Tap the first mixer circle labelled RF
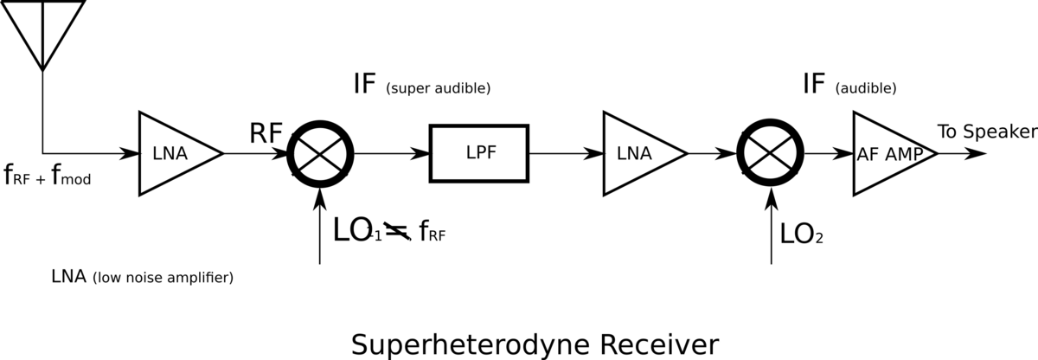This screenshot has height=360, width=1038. (321, 153)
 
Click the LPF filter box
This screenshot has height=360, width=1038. (480, 153)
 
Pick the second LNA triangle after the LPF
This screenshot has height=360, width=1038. (639, 153)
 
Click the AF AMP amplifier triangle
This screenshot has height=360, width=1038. (892, 153)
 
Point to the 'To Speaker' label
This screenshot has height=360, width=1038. (986, 132)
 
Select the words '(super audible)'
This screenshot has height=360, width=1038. (439, 88)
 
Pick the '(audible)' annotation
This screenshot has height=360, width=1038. (866, 88)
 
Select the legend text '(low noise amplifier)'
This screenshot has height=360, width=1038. (163, 279)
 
